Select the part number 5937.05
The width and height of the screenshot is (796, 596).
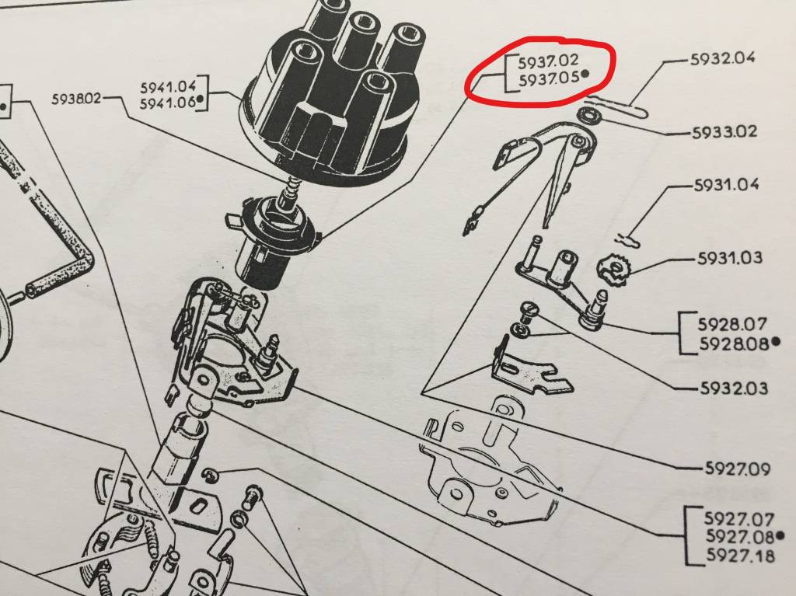point(549,78)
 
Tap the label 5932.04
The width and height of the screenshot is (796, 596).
point(722,58)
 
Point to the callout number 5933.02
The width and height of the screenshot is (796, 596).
point(724,132)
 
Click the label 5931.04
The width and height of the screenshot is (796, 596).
point(727,184)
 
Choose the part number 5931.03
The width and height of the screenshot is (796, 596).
point(729,258)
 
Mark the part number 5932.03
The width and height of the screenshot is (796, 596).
point(734,389)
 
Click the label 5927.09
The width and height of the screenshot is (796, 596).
point(737,468)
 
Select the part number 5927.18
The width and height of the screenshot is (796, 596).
point(741,556)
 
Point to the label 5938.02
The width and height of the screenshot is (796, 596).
point(77,99)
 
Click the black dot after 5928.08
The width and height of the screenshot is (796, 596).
point(775,342)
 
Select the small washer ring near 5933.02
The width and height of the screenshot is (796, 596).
point(591,116)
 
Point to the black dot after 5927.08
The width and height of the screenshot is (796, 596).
point(780,535)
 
